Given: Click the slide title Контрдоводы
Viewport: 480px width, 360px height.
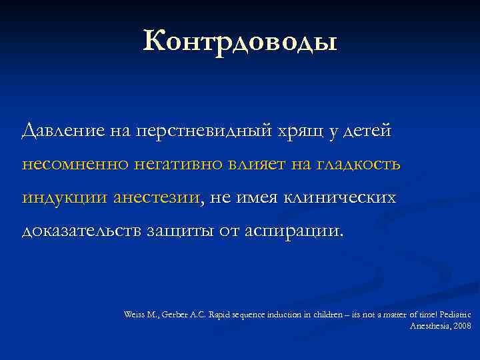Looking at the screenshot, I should (x=240, y=42).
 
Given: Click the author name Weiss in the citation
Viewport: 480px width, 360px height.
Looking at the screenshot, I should (x=135, y=313).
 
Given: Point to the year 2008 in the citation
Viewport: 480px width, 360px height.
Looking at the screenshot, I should (x=461, y=326).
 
